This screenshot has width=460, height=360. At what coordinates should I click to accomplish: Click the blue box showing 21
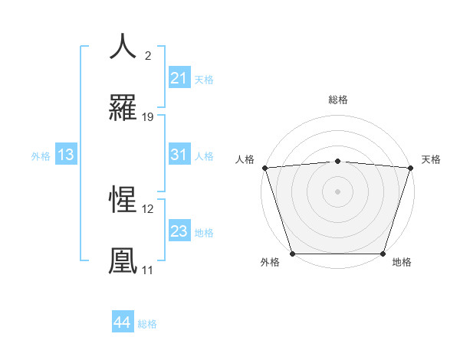pos(179,78)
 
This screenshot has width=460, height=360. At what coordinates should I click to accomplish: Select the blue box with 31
pos(179,155)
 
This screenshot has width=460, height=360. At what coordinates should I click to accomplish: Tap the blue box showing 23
pos(179,231)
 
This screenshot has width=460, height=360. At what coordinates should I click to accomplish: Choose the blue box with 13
pos(66,155)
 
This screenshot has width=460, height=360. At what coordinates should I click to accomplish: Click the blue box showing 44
pos(123,322)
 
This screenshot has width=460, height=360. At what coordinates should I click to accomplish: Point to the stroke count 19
pos(148,117)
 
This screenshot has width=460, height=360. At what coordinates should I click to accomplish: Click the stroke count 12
pos(148,208)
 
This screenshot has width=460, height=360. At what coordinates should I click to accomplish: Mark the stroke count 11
pos(147,270)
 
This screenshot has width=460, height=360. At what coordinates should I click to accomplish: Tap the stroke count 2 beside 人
pos(147,55)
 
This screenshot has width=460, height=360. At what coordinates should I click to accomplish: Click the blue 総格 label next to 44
pos(147,324)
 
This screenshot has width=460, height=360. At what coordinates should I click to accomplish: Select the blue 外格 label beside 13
pos(41,155)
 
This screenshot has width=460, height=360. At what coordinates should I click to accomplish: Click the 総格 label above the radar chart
pos(337,100)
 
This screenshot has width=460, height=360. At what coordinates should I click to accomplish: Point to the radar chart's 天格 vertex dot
pos(410,168)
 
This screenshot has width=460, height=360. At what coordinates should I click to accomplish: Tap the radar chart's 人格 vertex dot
pos(264,168)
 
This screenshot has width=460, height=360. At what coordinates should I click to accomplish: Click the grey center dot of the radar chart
pos(337,191)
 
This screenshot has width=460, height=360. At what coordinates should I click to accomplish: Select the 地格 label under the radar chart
pos(402,262)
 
